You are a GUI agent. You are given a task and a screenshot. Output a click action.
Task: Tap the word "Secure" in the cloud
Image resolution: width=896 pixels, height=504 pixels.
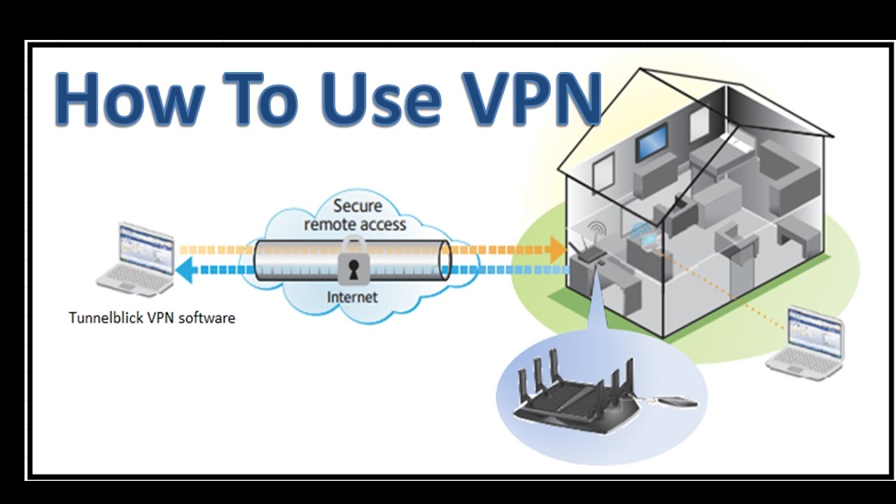(358, 206)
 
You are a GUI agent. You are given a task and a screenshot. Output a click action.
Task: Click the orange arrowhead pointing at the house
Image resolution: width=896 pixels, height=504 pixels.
(557, 248)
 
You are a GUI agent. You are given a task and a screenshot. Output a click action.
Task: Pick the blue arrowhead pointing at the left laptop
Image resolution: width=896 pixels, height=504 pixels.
(184, 269)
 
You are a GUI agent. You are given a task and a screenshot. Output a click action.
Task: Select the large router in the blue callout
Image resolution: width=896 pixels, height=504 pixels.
(574, 392)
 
